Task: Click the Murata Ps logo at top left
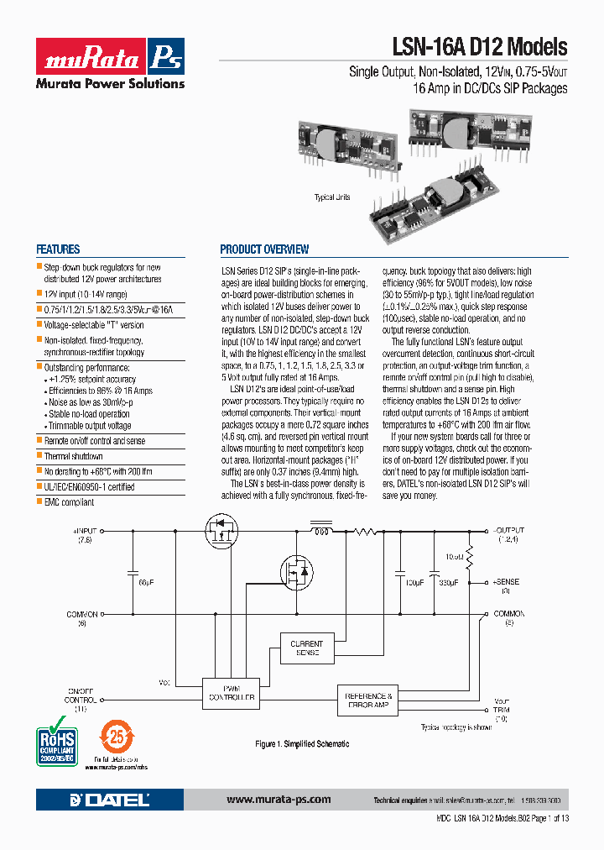point(110,57)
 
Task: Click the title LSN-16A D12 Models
point(480,47)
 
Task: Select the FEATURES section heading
point(58,249)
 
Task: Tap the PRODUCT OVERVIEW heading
point(264,249)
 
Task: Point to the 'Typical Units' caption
point(332,197)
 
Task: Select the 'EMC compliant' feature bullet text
point(69,502)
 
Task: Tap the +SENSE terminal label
point(506,585)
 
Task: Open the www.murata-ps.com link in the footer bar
point(279,800)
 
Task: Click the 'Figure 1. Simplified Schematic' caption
point(302,744)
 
